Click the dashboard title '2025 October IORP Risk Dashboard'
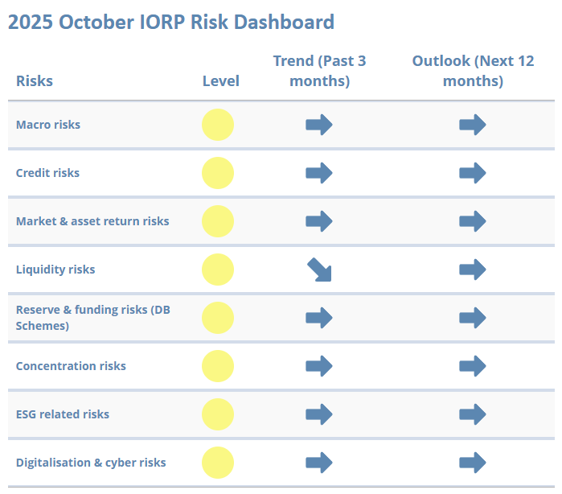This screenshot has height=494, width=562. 170,22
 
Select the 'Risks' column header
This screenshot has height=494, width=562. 35,81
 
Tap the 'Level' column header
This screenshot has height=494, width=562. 220,81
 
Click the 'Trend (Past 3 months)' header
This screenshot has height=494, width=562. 319,71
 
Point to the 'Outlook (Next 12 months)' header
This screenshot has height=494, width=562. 473,71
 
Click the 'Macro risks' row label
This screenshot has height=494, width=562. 48,125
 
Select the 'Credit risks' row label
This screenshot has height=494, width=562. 48,173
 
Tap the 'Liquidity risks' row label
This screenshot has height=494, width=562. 55,270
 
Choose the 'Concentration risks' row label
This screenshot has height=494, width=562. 71,366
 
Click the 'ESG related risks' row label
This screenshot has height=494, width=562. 63,414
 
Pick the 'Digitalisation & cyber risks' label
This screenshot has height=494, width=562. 91,463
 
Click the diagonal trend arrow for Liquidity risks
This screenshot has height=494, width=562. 319,270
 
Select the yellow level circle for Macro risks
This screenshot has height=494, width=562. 218,125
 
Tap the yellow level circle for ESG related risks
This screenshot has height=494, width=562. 218,414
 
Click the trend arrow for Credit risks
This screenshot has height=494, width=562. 319,173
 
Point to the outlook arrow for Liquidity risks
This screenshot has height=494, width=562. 473,270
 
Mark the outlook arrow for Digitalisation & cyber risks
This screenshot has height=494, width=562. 473,463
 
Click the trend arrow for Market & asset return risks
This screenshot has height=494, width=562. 319,221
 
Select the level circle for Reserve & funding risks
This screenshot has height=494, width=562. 218,318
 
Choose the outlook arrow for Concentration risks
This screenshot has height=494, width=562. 473,366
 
